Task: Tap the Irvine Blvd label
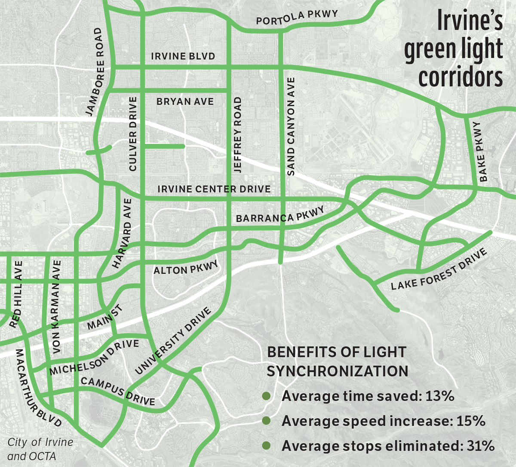click(183, 56)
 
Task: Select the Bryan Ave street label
click(185, 102)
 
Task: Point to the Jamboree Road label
click(94, 72)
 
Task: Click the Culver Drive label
click(133, 133)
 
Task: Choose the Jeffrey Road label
click(238, 135)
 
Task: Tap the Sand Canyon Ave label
click(291, 126)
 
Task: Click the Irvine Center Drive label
click(214, 189)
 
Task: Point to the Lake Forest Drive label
click(439, 269)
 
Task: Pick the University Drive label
click(173, 341)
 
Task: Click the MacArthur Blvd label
click(37, 388)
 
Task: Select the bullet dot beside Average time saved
click(267, 396)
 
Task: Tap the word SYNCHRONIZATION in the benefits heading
click(337, 371)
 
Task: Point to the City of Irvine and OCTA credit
click(40, 449)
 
